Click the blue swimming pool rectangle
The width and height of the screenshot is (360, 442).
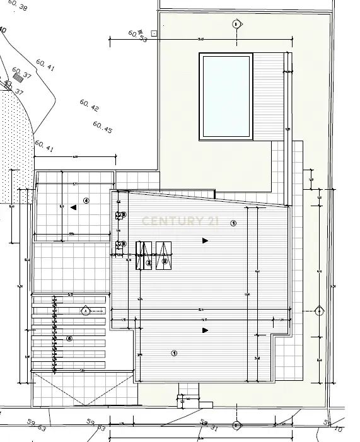click(226, 96)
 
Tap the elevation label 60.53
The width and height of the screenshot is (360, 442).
click(137, 36)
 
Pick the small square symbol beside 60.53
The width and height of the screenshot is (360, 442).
click(154, 33)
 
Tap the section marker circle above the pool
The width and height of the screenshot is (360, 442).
click(236, 24)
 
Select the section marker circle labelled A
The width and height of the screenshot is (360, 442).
click(86, 310)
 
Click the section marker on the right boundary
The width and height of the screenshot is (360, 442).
click(319, 311)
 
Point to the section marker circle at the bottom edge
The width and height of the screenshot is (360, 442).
click(236, 426)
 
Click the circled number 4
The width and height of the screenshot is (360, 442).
click(86, 201)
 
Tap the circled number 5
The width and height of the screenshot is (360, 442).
click(69, 339)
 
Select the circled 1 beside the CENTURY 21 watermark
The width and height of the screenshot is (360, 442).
click(233, 223)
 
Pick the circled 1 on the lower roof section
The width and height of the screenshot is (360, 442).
click(174, 353)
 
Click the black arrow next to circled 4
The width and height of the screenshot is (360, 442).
click(74, 207)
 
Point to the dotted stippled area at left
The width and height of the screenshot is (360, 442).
click(16, 145)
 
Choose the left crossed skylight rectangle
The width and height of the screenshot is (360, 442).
click(144, 255)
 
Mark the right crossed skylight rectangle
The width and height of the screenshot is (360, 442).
click(164, 255)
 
